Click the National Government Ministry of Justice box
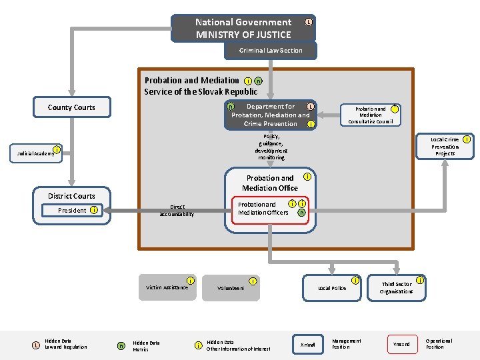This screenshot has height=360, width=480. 243,28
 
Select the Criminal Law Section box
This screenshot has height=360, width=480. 271,51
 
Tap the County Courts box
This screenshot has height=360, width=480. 71,107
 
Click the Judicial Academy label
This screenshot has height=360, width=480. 33,153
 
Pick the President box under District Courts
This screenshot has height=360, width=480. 73,211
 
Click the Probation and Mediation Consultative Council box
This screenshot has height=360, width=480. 370,114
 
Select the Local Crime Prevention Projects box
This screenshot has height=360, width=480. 445,147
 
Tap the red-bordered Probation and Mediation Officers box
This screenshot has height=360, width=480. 270,209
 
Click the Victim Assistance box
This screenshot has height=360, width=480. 167,287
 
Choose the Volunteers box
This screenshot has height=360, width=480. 231,288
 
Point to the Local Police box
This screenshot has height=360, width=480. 332,288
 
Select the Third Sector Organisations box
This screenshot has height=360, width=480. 396,288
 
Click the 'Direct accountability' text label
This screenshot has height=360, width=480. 177,211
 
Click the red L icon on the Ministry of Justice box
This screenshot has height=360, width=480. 308,23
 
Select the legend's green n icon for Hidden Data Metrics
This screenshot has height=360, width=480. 121,345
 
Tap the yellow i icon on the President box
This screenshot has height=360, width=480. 95,211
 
